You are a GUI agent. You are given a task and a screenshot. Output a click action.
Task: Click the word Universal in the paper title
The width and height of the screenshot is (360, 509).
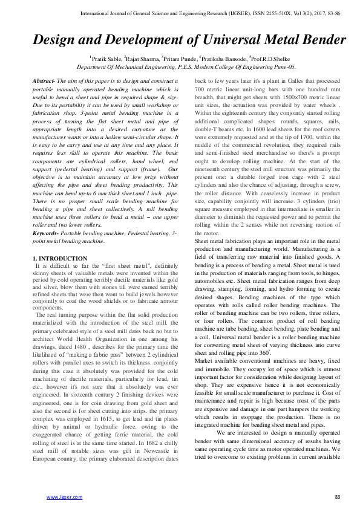(234, 41)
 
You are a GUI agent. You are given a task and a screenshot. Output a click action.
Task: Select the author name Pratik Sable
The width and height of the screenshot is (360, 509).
(105, 58)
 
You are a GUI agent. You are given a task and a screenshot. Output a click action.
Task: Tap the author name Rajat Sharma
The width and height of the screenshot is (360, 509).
(142, 58)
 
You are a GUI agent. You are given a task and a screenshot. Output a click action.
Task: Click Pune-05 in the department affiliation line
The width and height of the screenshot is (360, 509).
(284, 66)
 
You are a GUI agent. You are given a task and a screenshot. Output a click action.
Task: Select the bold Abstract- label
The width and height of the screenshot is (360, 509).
(44, 80)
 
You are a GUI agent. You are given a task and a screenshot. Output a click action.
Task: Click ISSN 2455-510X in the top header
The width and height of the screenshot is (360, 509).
(242, 12)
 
